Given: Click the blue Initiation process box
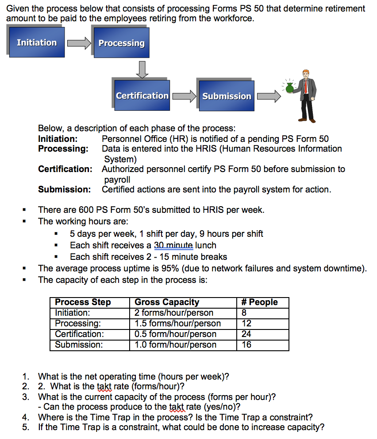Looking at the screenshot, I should [x=36, y=43].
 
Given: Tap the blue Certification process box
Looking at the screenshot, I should [x=142, y=95].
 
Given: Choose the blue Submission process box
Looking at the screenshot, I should [x=227, y=96].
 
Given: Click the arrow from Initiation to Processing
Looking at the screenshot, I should [x=78, y=43].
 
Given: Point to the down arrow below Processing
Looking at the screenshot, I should [x=142, y=69].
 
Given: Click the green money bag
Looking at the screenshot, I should [x=290, y=88].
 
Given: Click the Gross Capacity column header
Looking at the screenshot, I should [x=167, y=302].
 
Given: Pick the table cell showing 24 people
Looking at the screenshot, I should [x=246, y=334].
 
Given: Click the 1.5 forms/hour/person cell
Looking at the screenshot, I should [x=177, y=324].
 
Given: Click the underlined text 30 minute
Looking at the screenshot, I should [x=173, y=245].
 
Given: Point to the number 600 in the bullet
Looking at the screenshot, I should [x=86, y=210].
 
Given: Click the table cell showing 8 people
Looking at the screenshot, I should [x=244, y=313].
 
